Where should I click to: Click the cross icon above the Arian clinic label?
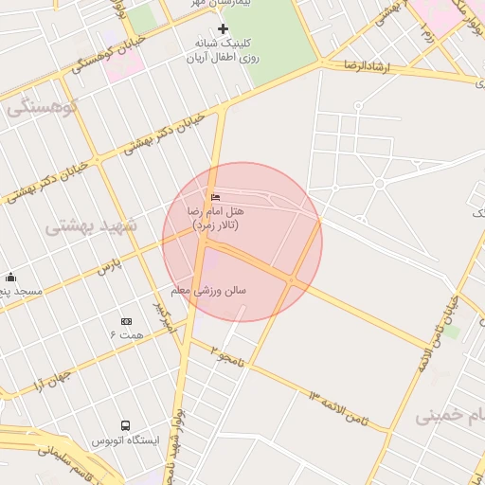pyautogui.click(x=223, y=29)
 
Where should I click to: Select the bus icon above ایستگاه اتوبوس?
pyautogui.click(x=125, y=426)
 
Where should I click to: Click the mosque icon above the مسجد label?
pyautogui.click(x=10, y=277)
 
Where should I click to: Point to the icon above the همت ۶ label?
pyautogui.click(x=127, y=322)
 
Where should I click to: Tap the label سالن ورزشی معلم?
pyautogui.click(x=208, y=290)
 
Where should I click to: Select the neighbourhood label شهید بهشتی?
pyautogui.click(x=92, y=226)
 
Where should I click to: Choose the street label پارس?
pyautogui.click(x=111, y=264)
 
